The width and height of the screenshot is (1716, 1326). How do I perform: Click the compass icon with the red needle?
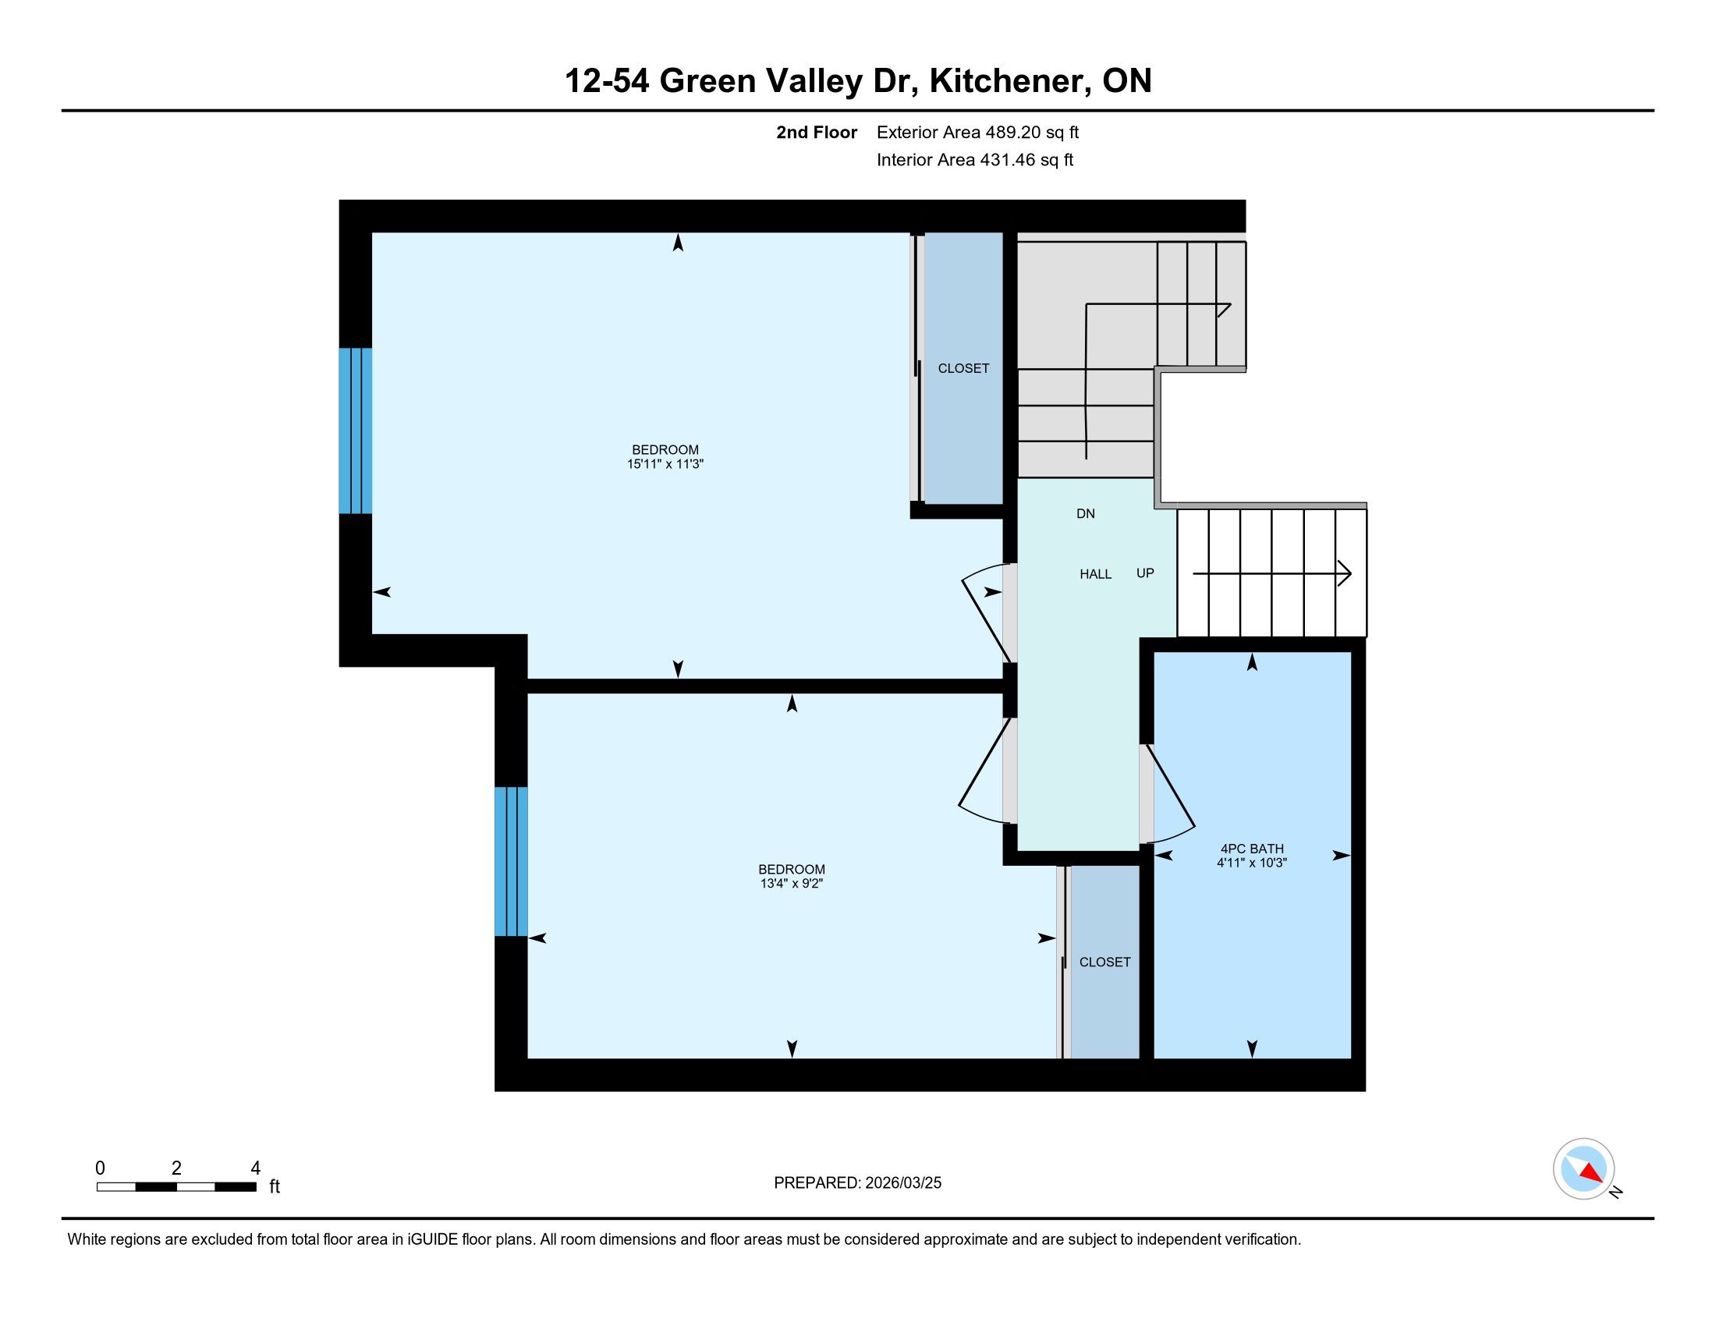[x=1583, y=1168]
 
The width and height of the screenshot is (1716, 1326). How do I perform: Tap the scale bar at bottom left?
[x=176, y=1186]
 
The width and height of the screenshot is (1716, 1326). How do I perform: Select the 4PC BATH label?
[x=1252, y=849]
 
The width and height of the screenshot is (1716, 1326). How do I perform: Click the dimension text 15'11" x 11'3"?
[x=665, y=464]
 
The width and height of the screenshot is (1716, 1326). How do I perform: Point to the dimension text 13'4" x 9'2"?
[x=791, y=884]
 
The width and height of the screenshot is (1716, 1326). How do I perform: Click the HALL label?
[x=1095, y=574]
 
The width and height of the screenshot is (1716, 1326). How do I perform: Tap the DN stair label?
[x=1085, y=514]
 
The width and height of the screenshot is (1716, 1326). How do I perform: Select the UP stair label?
[x=1145, y=573]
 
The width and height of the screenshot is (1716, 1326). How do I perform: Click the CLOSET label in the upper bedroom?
[x=963, y=368]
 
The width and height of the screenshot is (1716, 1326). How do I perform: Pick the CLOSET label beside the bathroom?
[x=1104, y=963]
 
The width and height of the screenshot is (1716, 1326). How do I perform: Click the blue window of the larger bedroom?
[x=355, y=431]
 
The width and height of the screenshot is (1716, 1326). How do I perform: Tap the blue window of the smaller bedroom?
[x=511, y=862]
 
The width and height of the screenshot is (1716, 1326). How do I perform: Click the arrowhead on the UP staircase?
[x=1344, y=573]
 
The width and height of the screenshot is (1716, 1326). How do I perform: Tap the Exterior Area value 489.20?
[x=1012, y=132]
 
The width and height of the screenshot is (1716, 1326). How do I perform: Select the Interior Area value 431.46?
[x=1005, y=159]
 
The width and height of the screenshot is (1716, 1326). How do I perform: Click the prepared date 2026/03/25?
[x=902, y=1183]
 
